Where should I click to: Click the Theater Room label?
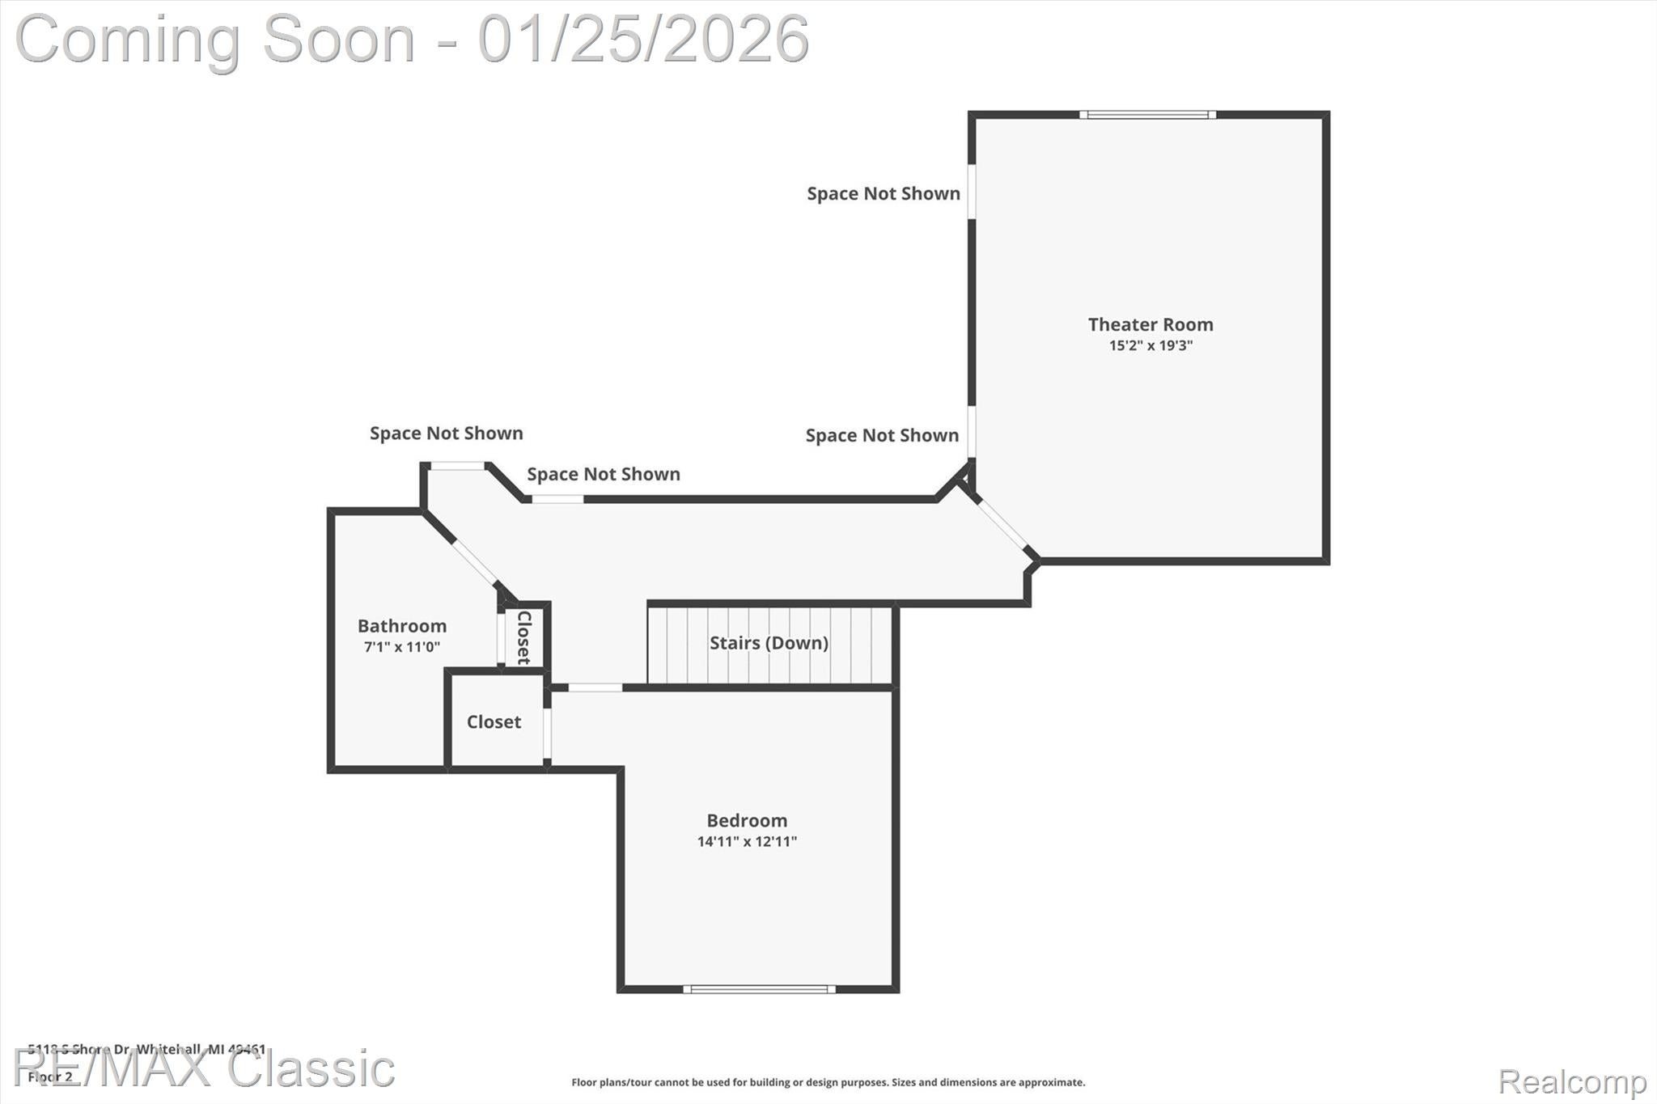coord(1150,324)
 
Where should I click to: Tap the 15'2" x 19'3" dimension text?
coord(1150,345)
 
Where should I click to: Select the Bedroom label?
coord(746,820)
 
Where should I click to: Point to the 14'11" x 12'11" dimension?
coord(746,841)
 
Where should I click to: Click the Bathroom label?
coord(401,626)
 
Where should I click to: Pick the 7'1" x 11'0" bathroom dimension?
coord(401,647)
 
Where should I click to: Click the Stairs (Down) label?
coord(769,643)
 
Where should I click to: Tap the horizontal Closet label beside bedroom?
coord(494,721)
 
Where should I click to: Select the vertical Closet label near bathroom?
coord(523,637)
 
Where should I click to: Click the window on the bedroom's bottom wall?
coord(759,988)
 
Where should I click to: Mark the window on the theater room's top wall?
coord(1147,115)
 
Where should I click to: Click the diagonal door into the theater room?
coord(1002,523)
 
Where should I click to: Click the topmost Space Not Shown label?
coord(883,193)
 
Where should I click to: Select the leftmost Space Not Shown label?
coord(446,434)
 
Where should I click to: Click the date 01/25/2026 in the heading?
coord(643,39)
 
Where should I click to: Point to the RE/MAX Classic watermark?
coord(204,1069)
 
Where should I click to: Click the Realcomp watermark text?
coord(1572,1081)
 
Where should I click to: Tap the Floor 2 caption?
coord(50,1077)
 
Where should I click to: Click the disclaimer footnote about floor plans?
coord(828,1082)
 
